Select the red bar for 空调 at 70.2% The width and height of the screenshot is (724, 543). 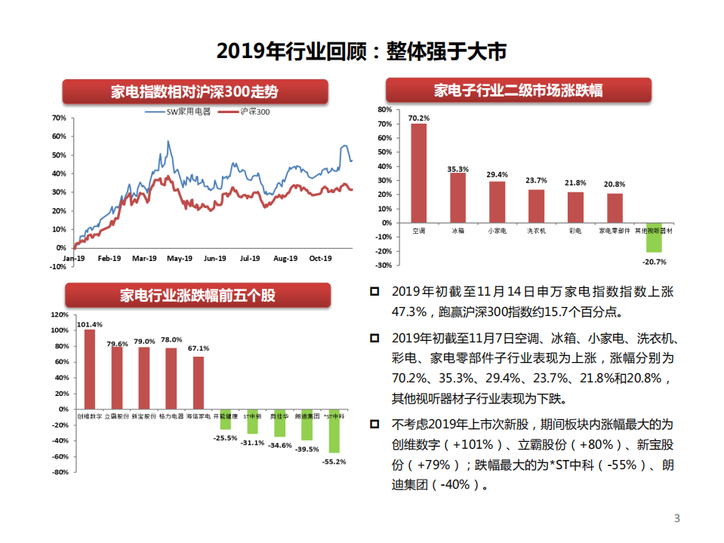(418, 173)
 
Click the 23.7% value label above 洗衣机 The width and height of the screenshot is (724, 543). (537, 180)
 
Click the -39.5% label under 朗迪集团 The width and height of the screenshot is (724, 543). (306, 449)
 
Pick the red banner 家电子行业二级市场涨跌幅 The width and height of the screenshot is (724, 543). (518, 91)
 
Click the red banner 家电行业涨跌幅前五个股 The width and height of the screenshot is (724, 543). (198, 295)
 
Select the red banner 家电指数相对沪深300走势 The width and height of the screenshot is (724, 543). (195, 92)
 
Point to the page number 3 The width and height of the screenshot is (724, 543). (676, 518)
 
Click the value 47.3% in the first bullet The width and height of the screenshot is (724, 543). (408, 311)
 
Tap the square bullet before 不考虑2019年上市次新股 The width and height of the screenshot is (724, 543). (376, 425)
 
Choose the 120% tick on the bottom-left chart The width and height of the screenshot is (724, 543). (58, 314)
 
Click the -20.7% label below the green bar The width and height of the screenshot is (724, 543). (654, 262)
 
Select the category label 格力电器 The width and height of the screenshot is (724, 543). (171, 416)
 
